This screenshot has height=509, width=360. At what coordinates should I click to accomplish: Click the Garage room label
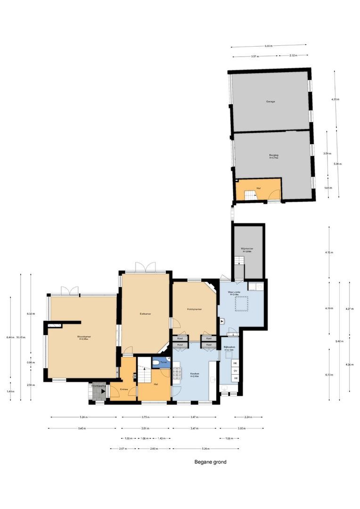click(x=270, y=101)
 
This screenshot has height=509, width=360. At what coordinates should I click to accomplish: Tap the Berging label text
click(x=273, y=155)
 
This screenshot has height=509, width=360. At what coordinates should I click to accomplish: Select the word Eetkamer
click(x=145, y=313)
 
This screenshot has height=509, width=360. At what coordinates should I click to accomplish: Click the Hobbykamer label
click(x=195, y=309)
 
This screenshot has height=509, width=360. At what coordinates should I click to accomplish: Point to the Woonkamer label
click(x=84, y=337)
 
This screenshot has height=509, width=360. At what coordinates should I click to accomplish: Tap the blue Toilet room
click(x=161, y=362)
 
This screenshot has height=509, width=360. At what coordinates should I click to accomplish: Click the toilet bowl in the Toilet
click(x=157, y=363)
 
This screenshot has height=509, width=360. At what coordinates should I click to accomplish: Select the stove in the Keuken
click(x=177, y=372)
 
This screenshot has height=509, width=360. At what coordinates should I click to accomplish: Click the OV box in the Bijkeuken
click(x=235, y=371)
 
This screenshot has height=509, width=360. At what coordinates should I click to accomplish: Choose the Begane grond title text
click(x=210, y=462)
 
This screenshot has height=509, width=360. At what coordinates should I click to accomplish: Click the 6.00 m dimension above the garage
click(x=268, y=46)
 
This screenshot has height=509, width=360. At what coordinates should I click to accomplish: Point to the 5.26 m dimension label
click(x=205, y=449)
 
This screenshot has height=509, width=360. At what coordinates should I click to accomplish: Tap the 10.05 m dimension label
click(x=21, y=337)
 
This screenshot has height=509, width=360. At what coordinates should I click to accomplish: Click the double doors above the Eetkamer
click(x=145, y=267)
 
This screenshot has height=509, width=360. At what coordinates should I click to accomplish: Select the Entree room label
click(x=124, y=389)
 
